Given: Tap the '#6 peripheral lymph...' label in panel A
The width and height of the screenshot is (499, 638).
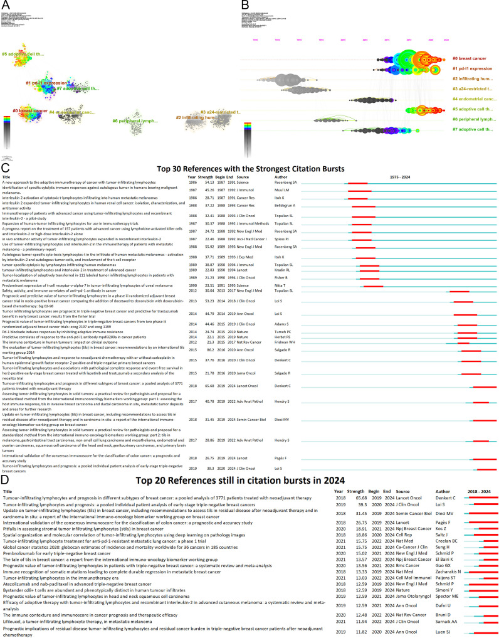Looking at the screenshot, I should pos(136,120).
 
